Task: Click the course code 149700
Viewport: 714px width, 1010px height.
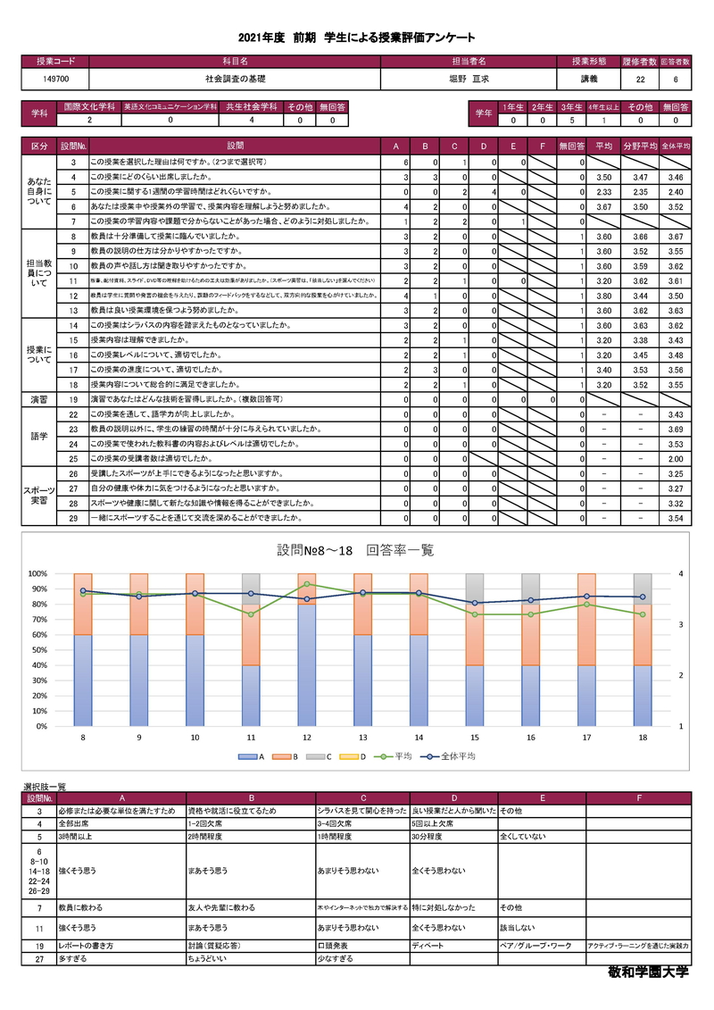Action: [55, 79]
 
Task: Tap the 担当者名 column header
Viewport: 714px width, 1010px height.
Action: [469, 62]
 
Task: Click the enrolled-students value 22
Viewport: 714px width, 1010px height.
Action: [641, 79]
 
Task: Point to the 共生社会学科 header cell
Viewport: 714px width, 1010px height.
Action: [252, 106]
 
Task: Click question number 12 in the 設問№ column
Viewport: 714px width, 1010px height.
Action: [72, 295]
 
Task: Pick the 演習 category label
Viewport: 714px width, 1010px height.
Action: [39, 399]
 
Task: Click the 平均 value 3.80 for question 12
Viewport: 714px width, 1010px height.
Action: [603, 295]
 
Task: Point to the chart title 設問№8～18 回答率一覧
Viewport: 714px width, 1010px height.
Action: [355, 550]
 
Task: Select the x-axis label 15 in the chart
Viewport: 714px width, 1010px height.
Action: [475, 739]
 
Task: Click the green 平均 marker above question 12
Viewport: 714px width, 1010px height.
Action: [307, 584]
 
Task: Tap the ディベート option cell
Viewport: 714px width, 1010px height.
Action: [426, 945]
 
